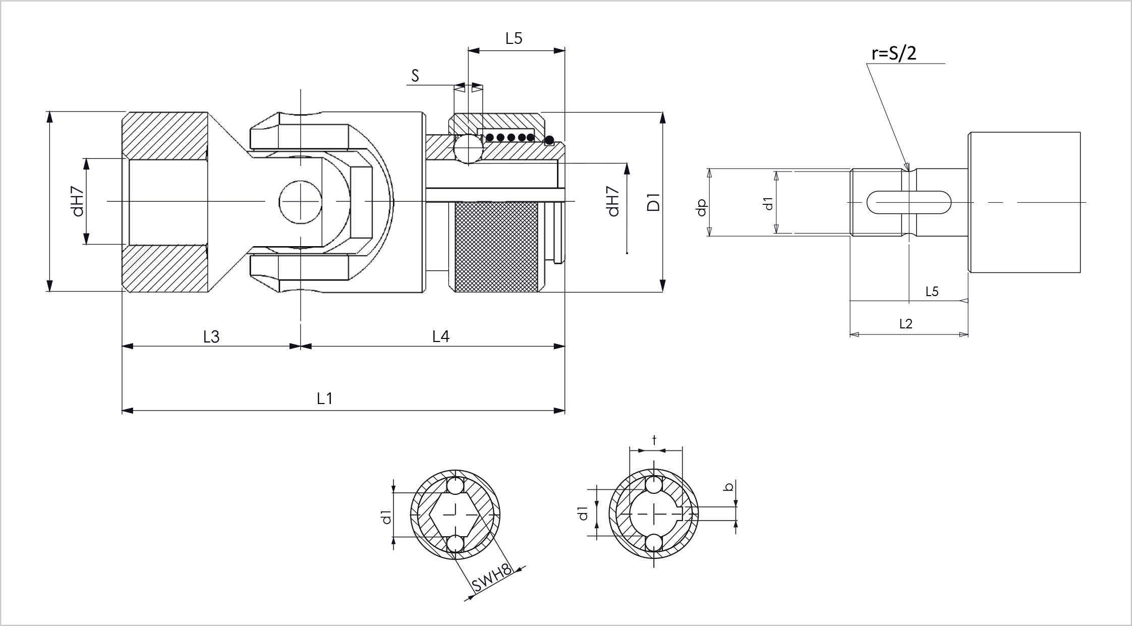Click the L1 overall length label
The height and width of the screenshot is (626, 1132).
click(325, 399)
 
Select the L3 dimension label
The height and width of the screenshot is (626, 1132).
click(211, 336)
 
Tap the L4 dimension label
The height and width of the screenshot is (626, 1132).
click(441, 336)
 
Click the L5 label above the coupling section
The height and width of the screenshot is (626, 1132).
click(514, 38)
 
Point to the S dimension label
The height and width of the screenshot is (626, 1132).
click(415, 76)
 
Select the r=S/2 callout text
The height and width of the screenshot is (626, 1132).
click(894, 52)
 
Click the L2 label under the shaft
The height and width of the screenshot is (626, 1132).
click(906, 323)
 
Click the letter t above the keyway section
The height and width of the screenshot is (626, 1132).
click(654, 440)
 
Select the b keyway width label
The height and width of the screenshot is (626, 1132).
click(728, 487)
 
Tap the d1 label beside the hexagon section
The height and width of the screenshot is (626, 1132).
click(386, 517)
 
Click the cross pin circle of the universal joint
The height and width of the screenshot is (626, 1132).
click(301, 202)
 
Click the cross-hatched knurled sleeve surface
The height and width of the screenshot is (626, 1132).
click(498, 246)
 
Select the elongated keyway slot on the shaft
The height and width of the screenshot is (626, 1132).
click(909, 202)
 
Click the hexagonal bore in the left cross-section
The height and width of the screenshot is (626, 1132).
click(456, 515)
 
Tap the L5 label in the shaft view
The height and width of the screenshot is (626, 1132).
click(932, 292)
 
